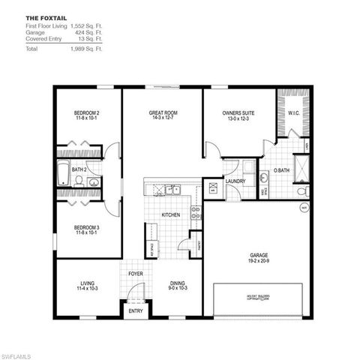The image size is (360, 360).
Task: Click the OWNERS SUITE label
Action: [238, 113]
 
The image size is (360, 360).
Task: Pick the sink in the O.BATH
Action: [264, 178]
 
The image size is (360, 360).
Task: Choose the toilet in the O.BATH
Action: [301, 192]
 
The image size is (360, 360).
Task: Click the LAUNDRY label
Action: [235, 181]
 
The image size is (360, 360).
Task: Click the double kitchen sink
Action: [172, 190]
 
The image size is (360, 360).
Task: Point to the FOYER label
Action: [135, 274]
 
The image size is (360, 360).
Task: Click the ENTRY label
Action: [136, 310]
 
